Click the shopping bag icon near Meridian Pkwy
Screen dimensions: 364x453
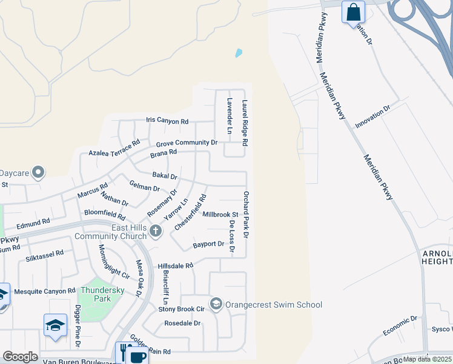tap(353, 12)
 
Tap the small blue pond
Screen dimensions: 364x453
tap(239, 53)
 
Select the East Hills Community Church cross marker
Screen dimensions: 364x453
tap(156, 231)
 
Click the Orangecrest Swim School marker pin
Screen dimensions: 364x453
tap(216, 303)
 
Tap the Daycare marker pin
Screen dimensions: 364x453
tap(38, 173)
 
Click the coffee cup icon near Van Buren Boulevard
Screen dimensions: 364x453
tap(138, 356)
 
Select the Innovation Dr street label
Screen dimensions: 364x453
tap(373, 116)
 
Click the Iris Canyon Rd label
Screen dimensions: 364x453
tap(167, 121)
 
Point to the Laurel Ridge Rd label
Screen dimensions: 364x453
tap(245, 123)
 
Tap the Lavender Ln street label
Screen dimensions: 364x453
tap(230, 116)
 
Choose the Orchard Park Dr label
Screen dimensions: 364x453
tap(246, 214)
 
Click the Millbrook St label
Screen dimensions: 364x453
tap(220, 215)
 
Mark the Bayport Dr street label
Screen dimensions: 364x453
tap(208, 244)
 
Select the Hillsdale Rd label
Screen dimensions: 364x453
tap(175, 266)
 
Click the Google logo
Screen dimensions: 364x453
tap(20, 357)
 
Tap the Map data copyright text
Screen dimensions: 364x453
tap(427, 359)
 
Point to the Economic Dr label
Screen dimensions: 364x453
tap(400, 326)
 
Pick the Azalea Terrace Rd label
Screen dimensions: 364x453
tap(114, 147)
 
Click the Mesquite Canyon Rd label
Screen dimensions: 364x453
tap(45, 291)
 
